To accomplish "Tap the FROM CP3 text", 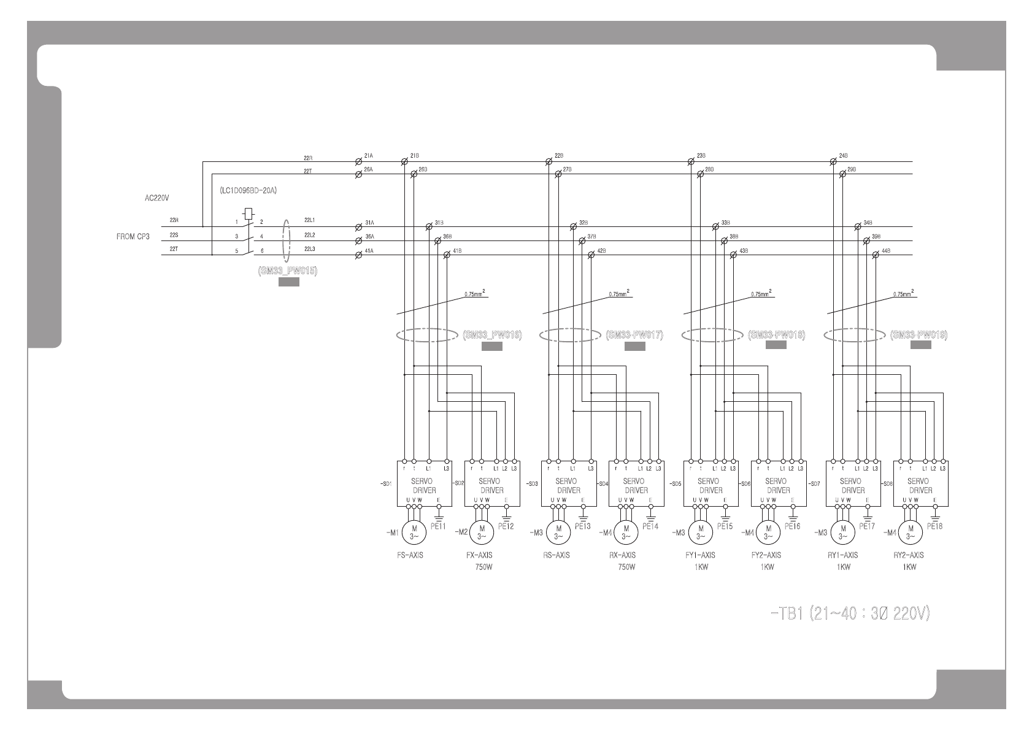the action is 133,236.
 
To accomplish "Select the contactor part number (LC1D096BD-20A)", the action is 248,191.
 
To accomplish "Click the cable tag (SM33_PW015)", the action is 288,271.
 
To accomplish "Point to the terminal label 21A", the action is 368,156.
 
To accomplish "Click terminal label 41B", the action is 456,250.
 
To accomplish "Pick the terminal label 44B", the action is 885,250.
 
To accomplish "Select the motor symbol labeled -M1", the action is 414,532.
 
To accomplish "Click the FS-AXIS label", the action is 410,555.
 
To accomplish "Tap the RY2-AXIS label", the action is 909,555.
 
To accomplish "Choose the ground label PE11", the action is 438,526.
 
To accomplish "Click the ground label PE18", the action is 934,526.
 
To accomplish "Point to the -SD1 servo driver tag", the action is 385,484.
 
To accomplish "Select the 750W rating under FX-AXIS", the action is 483,567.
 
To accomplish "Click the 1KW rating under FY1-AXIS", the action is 701,567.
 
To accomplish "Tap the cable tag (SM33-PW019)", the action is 918,335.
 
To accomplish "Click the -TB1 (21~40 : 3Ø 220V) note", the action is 849,613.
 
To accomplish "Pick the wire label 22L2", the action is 309,235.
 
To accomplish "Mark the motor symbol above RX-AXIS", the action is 626,532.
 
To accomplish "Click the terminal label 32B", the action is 583,222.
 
